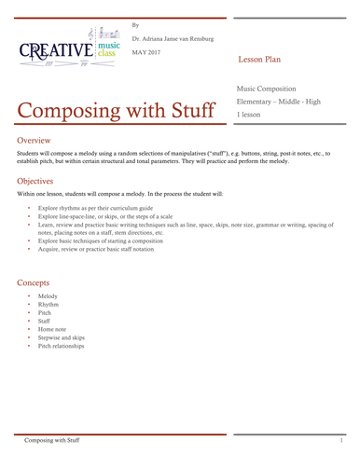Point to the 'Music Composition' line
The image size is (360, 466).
coord(267,87)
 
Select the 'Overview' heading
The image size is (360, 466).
coord(37,139)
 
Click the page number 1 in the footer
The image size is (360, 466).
coord(342,438)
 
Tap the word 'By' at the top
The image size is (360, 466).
coord(136,23)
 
